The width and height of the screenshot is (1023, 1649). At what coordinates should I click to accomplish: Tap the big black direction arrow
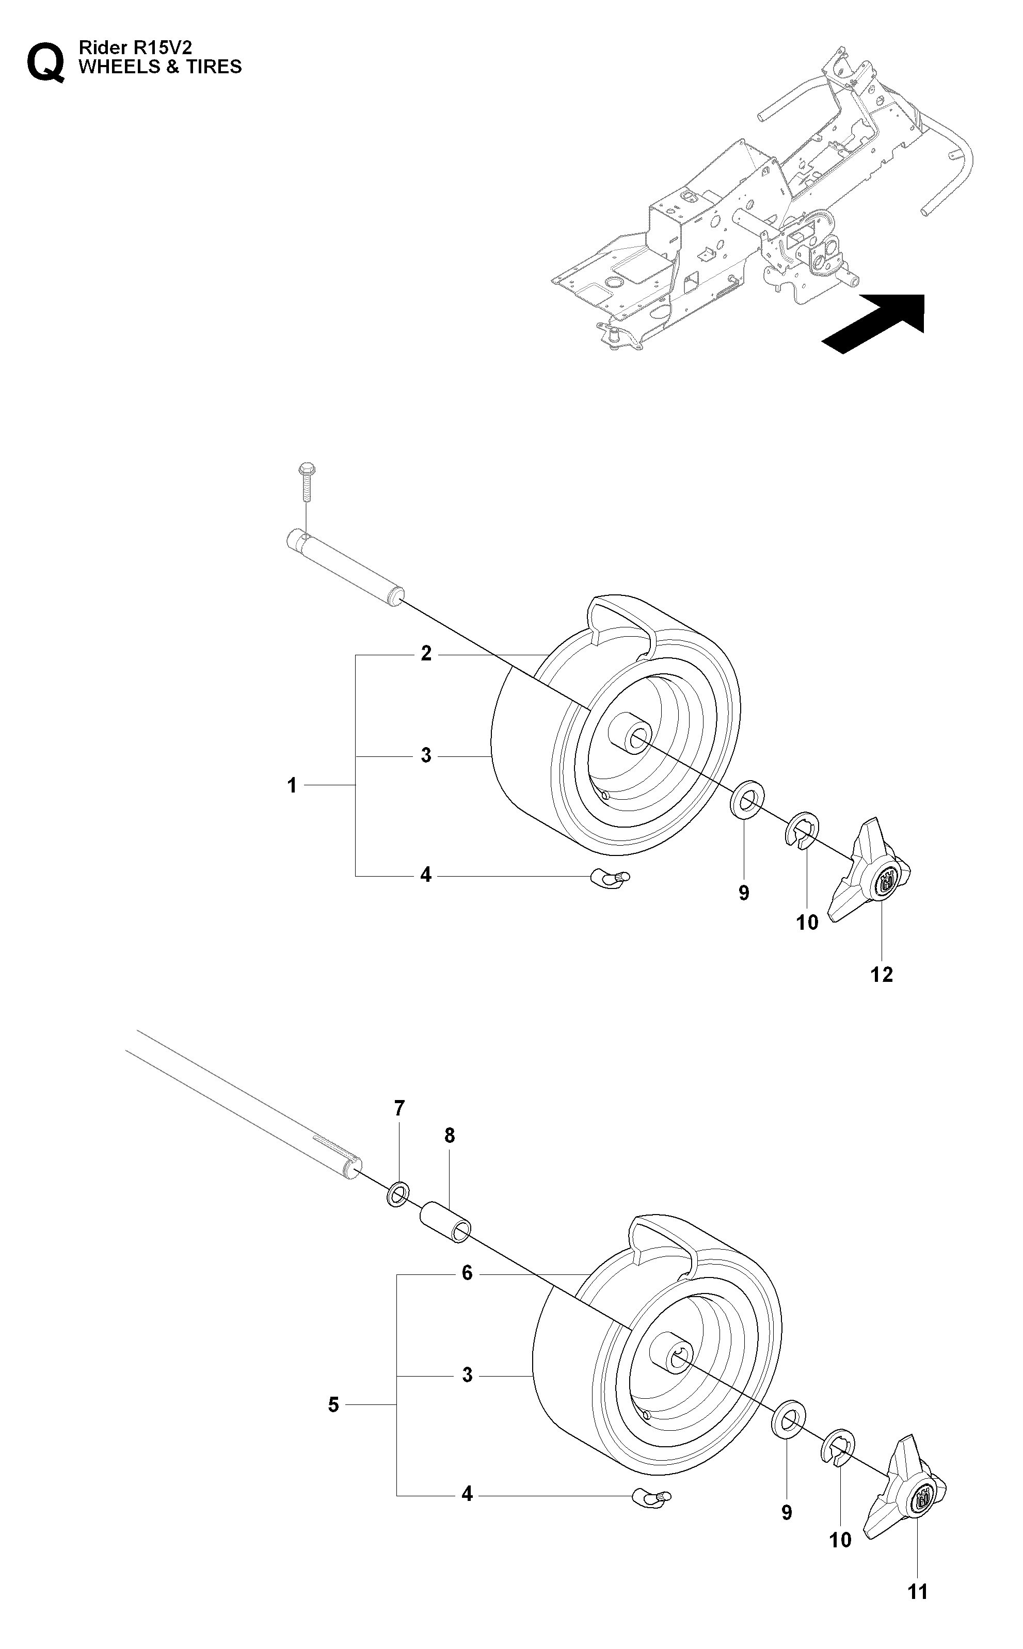(873, 324)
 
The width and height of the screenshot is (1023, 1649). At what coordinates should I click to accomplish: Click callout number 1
(292, 785)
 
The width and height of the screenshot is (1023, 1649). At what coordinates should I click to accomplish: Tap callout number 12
(882, 975)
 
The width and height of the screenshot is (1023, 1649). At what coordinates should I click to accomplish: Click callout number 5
(333, 1405)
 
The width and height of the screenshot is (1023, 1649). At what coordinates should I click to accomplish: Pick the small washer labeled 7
(398, 1196)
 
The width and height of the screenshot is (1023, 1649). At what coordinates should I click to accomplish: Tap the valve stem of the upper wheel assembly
(610, 878)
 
